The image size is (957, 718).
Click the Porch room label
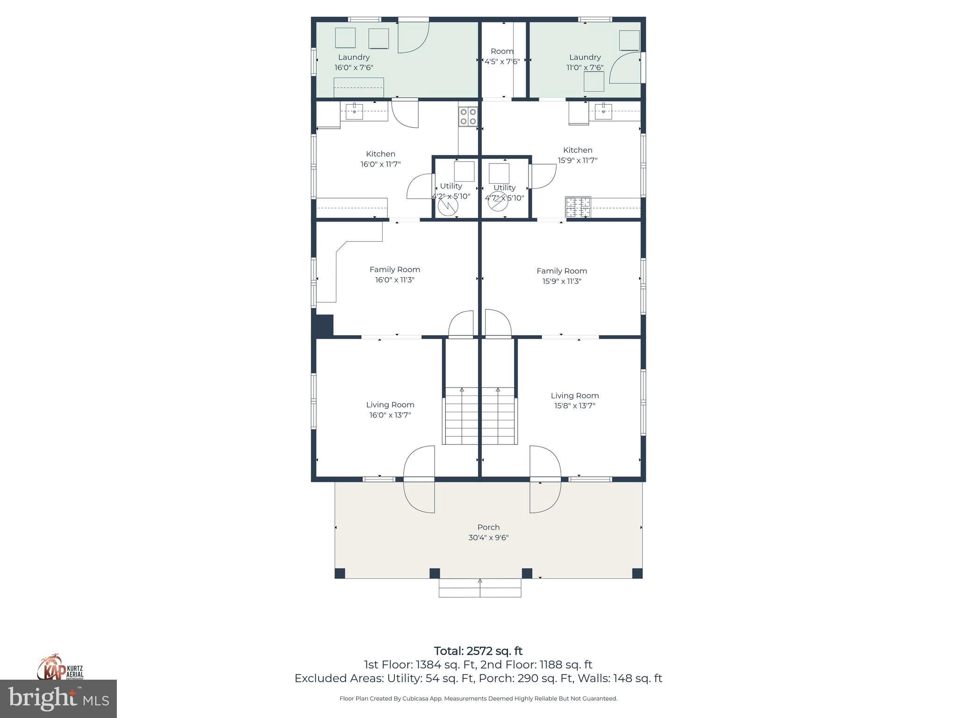click(488, 527)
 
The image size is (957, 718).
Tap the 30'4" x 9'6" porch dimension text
click(488, 538)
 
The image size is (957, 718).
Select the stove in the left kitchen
click(468, 116)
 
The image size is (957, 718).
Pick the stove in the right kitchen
click(578, 207)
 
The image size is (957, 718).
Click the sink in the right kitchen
click(603, 111)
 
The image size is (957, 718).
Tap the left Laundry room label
click(354, 57)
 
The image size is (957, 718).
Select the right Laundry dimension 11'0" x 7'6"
click(585, 67)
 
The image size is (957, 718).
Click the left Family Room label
click(394, 269)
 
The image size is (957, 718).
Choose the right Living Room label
click(574, 395)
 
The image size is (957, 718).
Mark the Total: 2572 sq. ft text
click(478, 651)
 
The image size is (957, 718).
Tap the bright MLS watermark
click(58, 699)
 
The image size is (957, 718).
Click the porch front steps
click(480, 588)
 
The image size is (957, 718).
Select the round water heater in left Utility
click(448, 206)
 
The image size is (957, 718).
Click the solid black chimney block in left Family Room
click(324, 325)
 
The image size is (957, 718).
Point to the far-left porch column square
click(340, 573)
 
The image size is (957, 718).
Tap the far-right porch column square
click(637, 573)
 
